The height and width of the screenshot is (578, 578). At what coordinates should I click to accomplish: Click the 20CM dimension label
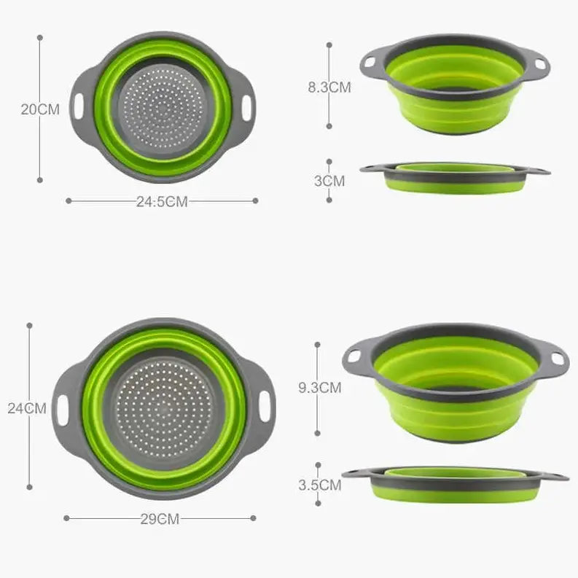[40, 109]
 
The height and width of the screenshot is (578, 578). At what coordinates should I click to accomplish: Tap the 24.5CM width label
[163, 202]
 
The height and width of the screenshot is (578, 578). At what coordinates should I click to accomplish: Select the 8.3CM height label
[329, 87]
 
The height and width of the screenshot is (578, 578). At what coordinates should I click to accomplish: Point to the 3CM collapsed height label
[329, 181]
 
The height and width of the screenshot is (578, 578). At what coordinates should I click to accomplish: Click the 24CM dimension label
[27, 408]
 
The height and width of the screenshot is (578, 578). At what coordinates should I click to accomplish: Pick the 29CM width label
[160, 519]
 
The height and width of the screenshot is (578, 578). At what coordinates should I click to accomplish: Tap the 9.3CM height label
[320, 388]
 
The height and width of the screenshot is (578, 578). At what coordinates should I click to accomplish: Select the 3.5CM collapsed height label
[320, 485]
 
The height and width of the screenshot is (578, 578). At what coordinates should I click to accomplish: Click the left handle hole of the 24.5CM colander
[79, 106]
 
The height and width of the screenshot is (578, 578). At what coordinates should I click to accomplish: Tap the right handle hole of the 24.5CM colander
[246, 108]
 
